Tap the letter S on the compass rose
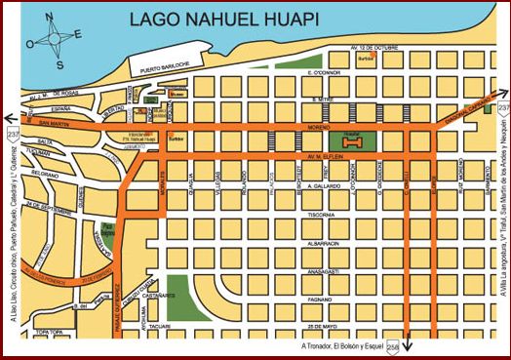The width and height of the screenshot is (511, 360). (x=60, y=65)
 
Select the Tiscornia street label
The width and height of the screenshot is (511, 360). (x=321, y=215)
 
